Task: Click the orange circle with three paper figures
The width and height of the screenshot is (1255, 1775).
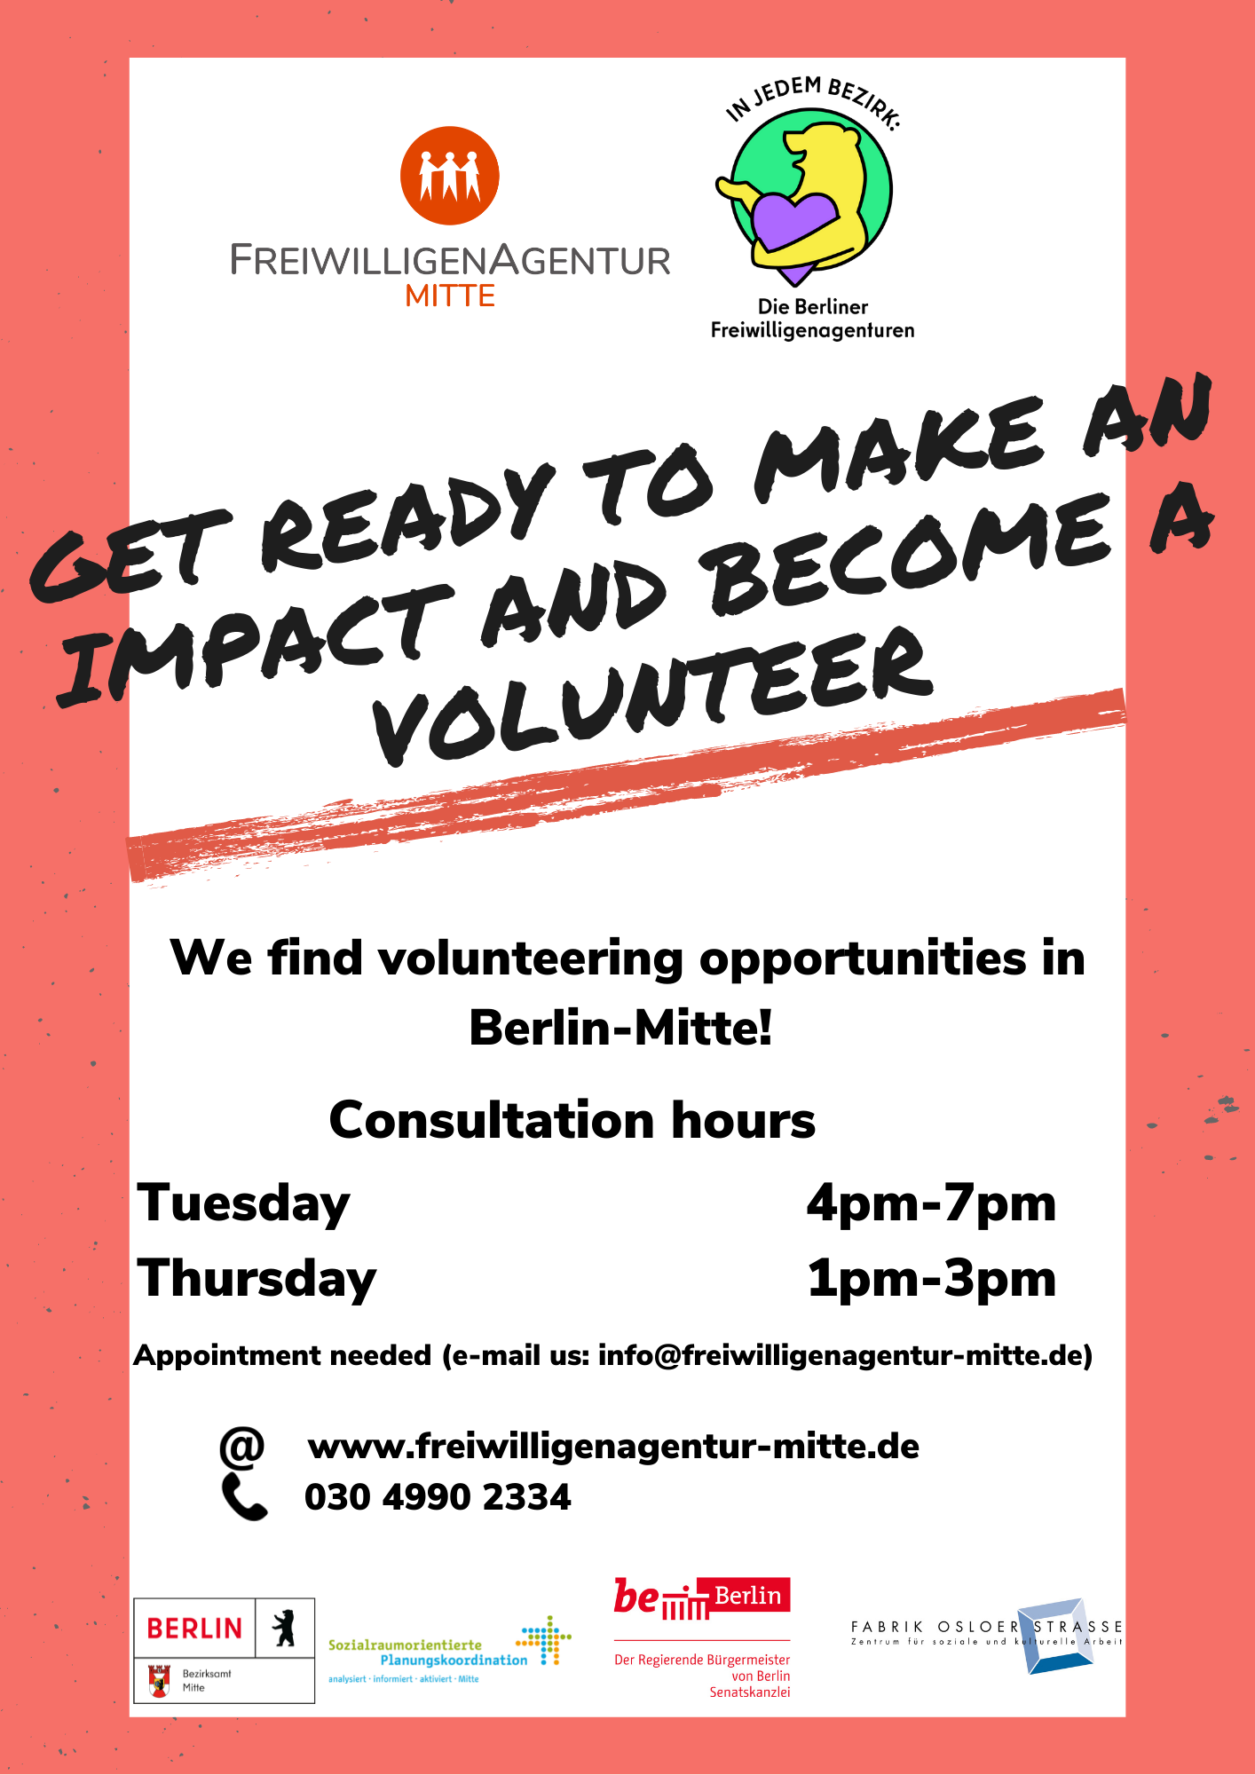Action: [450, 176]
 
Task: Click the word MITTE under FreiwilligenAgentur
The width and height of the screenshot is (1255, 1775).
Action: [450, 296]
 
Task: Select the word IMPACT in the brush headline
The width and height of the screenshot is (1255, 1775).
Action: [253, 643]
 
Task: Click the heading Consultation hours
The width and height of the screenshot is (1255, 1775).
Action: [572, 1120]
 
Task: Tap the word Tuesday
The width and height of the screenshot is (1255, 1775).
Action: [243, 1204]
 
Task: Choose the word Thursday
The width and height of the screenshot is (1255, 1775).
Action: [257, 1280]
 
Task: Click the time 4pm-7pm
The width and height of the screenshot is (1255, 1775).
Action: [931, 1204]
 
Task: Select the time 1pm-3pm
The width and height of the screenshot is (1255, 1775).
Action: [931, 1280]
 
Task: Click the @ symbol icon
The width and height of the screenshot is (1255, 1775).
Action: [241, 1447]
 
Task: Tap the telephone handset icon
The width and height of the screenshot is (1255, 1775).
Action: [244, 1497]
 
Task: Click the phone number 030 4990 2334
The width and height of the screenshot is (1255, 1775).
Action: [438, 1497]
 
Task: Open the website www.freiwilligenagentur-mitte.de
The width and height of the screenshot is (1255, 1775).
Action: [613, 1447]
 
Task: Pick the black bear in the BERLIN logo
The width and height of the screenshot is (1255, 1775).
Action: [284, 1628]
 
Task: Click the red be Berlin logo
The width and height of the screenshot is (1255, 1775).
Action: [701, 1598]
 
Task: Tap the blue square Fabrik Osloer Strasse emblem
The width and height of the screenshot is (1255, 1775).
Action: [1056, 1636]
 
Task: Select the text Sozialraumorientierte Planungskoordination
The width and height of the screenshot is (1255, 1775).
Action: [428, 1653]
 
